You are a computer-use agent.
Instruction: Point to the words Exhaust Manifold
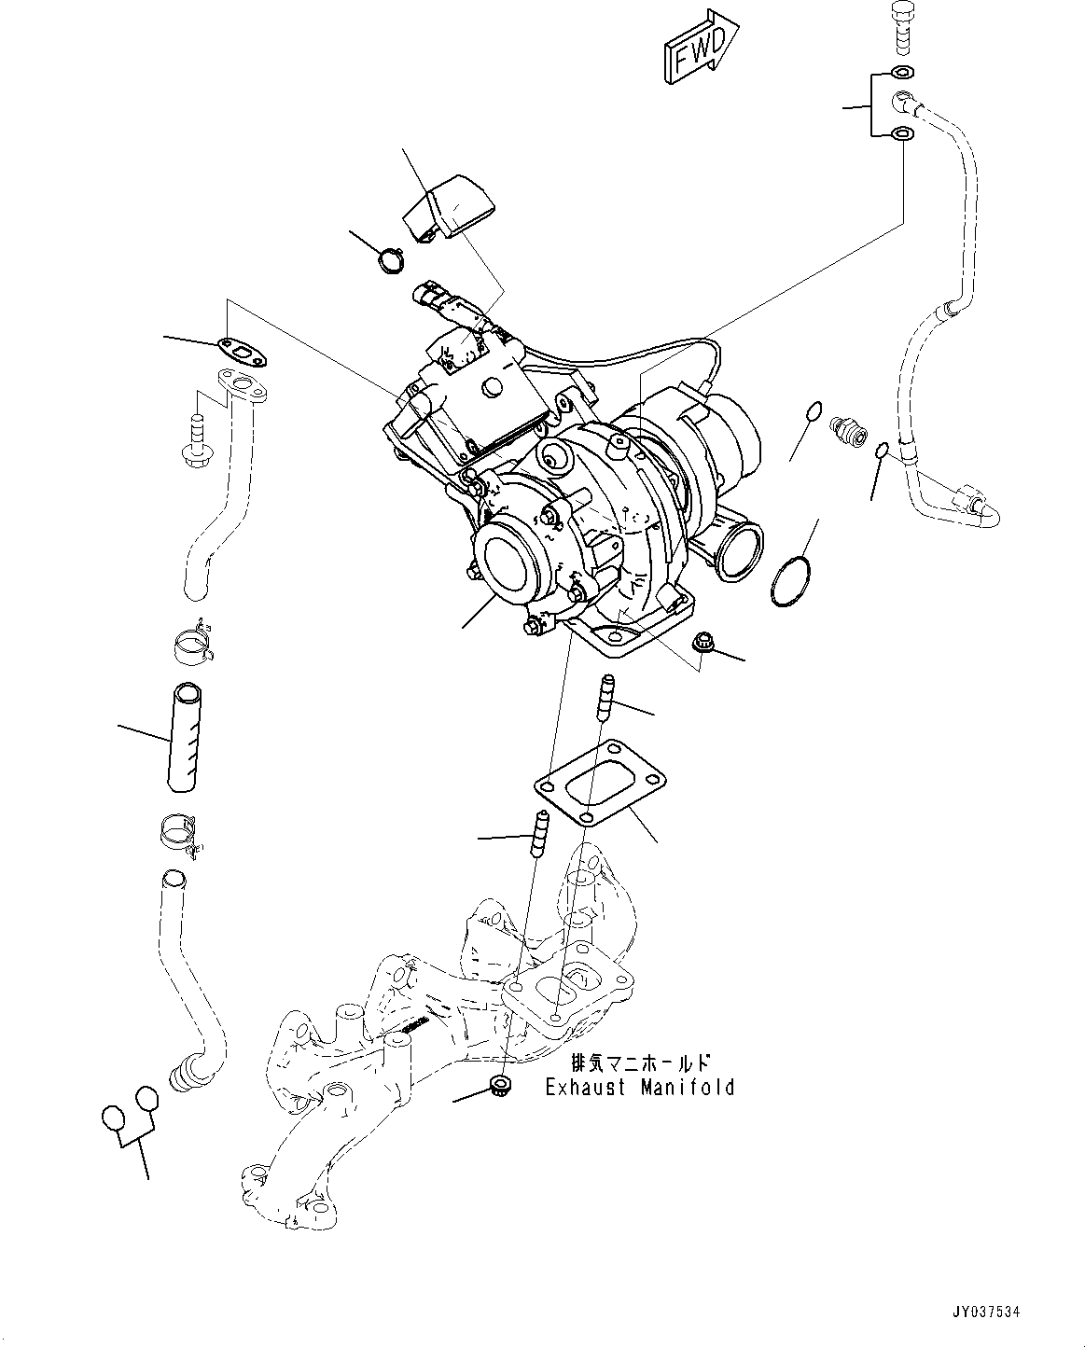[639, 1087]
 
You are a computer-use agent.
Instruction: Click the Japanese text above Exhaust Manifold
[639, 1063]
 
